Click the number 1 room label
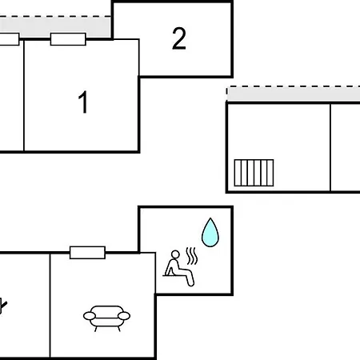tap(83, 102)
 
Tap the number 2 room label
tap(179, 38)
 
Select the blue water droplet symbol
tap(210, 233)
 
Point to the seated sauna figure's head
tap(175, 254)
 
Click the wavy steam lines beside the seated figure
tap(192, 256)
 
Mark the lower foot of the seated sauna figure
tap(190, 283)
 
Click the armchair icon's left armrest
tap(90, 316)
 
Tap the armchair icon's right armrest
tap(124, 316)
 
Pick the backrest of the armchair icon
tap(106, 310)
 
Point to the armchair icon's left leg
tap(96, 329)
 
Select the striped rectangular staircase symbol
tap(254, 173)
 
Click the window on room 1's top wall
tap(68, 39)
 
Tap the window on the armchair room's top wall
tap(87, 253)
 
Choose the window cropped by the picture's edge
tap(10, 39)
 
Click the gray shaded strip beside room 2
tap(55, 28)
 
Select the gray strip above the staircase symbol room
tap(294, 94)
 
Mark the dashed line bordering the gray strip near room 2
tap(55, 17)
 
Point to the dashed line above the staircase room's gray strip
tap(294, 86)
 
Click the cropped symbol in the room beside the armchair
tap(3, 306)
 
